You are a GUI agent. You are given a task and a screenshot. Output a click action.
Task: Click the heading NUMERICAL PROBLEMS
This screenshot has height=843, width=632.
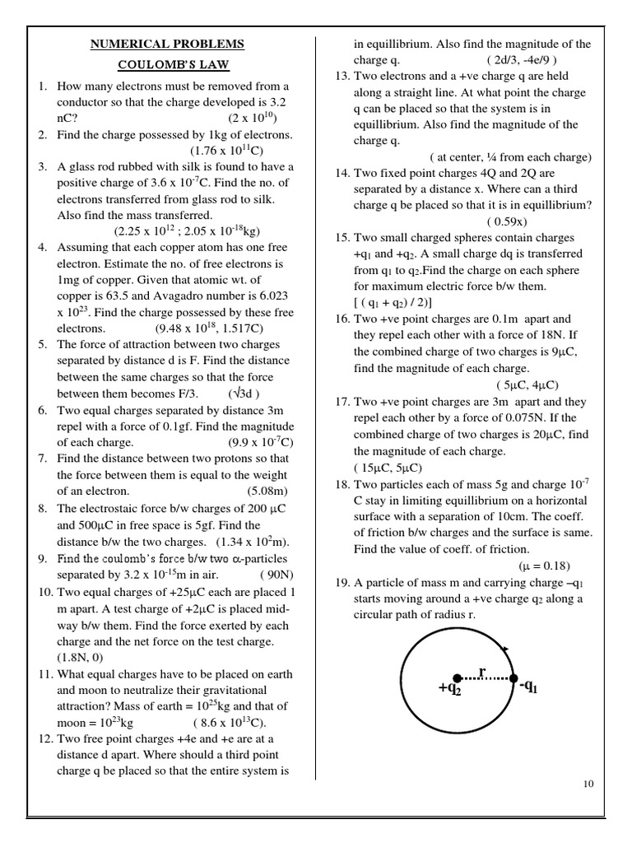click(x=167, y=44)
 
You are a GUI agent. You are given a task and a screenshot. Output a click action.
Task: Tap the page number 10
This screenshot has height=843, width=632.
click(x=588, y=784)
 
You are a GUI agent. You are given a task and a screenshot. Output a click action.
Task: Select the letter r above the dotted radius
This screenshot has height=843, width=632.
click(x=483, y=672)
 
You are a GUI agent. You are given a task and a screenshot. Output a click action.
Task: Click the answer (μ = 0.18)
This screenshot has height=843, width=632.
click(x=544, y=566)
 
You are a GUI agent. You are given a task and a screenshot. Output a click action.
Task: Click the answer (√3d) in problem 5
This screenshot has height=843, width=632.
click(x=244, y=393)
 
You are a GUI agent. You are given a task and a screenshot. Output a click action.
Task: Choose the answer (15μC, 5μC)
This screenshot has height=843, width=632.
click(x=387, y=468)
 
